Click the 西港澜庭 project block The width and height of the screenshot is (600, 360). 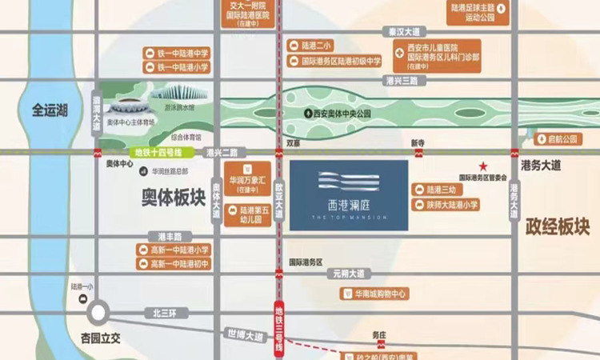(348, 195)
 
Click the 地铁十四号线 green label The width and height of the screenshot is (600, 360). (158, 152)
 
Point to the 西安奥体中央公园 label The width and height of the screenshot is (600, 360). (341, 114)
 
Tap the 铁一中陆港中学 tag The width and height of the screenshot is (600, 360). (177, 53)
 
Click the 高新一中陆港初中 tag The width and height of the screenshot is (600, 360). (174, 264)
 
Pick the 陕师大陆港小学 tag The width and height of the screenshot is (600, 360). (448, 205)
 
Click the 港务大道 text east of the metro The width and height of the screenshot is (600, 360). (541, 166)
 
